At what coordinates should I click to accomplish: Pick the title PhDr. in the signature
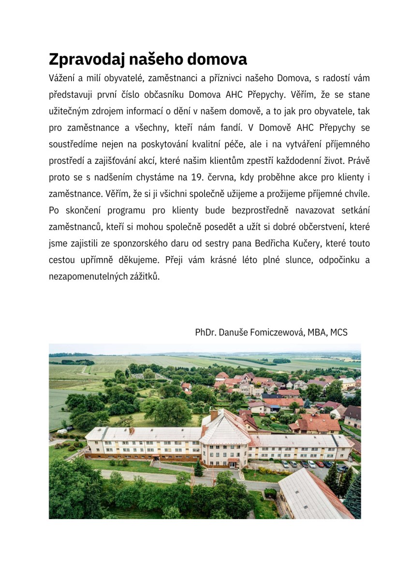(206, 333)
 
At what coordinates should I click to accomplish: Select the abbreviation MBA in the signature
(317, 333)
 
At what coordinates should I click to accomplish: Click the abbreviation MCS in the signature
(339, 333)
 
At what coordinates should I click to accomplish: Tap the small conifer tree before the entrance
(198, 468)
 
